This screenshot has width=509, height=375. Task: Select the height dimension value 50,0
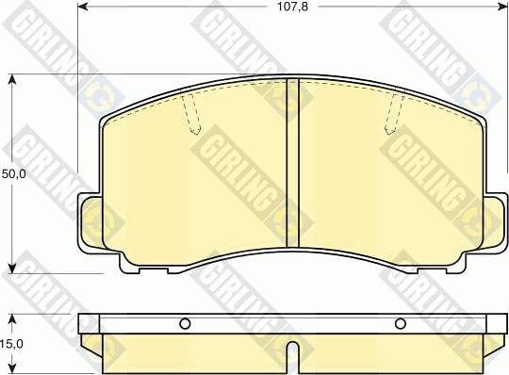(14, 173)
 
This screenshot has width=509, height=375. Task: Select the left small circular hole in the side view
(186, 325)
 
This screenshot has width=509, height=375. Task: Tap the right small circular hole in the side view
(400, 325)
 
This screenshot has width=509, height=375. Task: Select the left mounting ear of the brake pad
(90, 220)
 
